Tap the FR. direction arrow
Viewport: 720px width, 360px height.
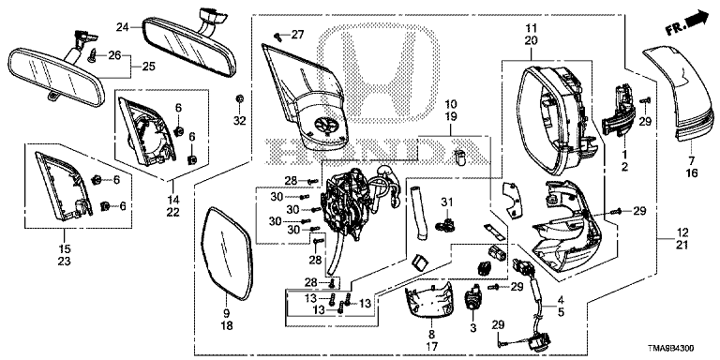tap(688, 22)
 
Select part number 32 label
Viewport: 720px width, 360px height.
tap(239, 121)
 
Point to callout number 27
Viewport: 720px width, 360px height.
tap(297, 35)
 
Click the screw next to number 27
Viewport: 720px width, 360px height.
tap(277, 35)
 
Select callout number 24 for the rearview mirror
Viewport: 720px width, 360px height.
tap(121, 27)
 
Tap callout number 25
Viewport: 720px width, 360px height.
tap(149, 67)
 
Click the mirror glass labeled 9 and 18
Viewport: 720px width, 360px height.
tap(227, 253)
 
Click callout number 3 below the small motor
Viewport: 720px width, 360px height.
tap(473, 328)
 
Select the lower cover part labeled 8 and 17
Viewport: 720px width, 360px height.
tap(427, 304)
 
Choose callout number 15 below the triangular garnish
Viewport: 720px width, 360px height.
tap(65, 248)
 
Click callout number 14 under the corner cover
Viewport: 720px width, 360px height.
tap(173, 200)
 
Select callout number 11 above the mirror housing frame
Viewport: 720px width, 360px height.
tap(531, 28)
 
